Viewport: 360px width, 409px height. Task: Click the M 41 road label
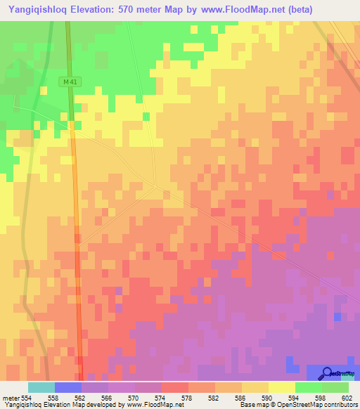pyautogui.click(x=69, y=82)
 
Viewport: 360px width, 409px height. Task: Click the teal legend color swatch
pyautogui.click(x=41, y=387)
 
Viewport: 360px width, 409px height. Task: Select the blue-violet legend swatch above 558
pyautogui.click(x=68, y=387)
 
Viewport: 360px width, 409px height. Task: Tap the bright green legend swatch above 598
pyautogui.click(x=309, y=387)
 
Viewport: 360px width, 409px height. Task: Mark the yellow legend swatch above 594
pyautogui.click(x=282, y=387)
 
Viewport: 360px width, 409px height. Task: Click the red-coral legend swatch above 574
pyautogui.click(x=175, y=387)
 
